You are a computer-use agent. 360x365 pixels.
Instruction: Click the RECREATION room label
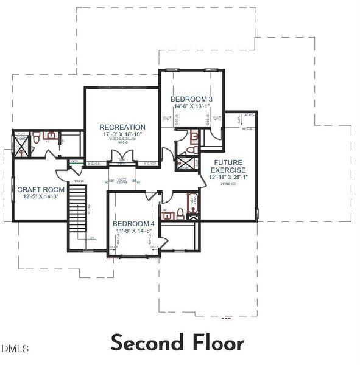122,127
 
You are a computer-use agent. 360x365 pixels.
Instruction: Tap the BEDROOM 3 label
191,99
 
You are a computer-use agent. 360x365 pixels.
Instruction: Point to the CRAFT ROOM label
41,189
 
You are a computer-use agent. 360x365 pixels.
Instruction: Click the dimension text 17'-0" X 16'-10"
122,135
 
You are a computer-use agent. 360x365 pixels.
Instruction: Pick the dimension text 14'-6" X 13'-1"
191,106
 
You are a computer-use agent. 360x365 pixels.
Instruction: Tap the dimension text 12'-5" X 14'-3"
41,196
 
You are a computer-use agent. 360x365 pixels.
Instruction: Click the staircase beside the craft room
77,204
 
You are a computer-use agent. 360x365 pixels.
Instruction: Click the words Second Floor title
177,342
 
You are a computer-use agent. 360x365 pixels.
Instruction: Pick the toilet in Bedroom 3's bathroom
190,150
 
